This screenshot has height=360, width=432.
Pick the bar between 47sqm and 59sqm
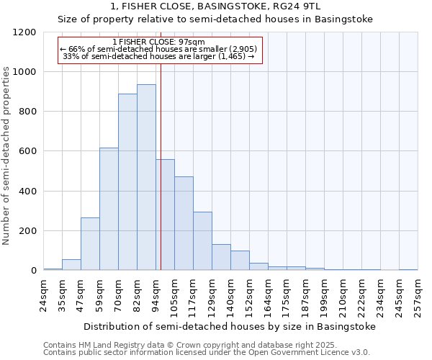point(90,243)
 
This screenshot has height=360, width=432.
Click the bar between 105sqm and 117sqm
point(184,223)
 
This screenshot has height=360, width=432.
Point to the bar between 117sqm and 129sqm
point(202,241)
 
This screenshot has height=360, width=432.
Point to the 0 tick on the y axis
point(33,271)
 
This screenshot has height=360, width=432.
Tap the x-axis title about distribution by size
point(230,326)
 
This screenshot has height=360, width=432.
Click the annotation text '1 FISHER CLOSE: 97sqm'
point(159,42)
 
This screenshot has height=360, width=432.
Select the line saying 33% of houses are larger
point(159,55)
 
